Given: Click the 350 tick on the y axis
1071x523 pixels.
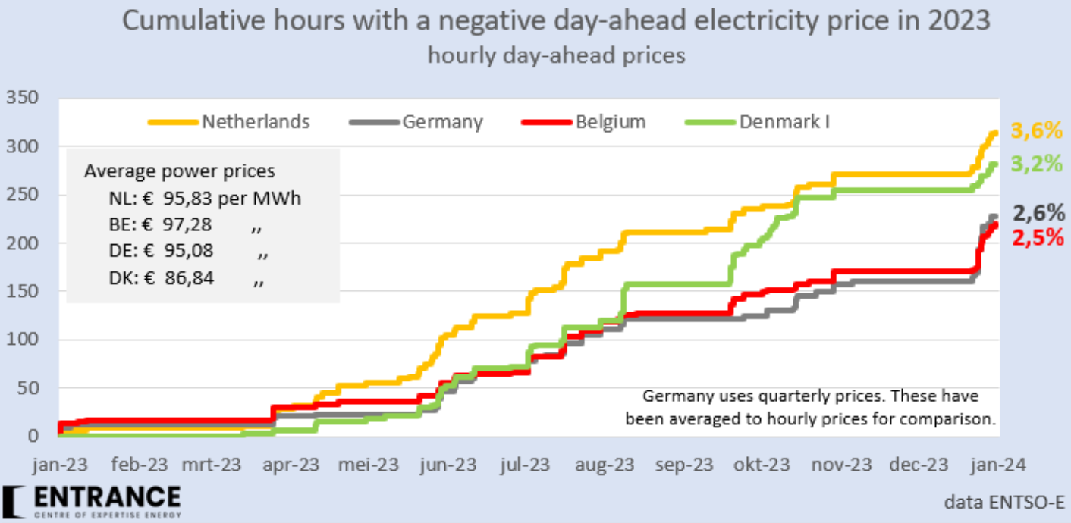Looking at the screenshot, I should coord(23,98).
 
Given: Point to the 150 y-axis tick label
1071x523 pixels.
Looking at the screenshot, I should coord(23,291).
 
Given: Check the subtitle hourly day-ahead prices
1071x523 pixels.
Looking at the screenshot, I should coord(556,55).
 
